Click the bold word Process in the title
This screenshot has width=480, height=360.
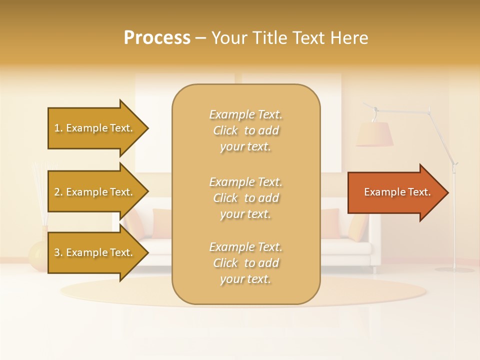[157, 38]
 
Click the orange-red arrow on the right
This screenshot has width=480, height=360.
[395, 192]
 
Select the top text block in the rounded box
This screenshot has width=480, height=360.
[245, 130]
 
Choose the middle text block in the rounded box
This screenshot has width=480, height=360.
[245, 198]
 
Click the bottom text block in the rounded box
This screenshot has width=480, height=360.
[245, 263]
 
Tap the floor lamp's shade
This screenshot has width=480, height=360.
[374, 134]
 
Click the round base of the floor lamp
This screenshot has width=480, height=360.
[454, 269]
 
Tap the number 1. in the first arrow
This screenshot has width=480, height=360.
[58, 128]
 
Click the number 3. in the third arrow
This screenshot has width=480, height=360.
[58, 252]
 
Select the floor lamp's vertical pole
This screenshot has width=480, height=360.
[454, 220]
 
